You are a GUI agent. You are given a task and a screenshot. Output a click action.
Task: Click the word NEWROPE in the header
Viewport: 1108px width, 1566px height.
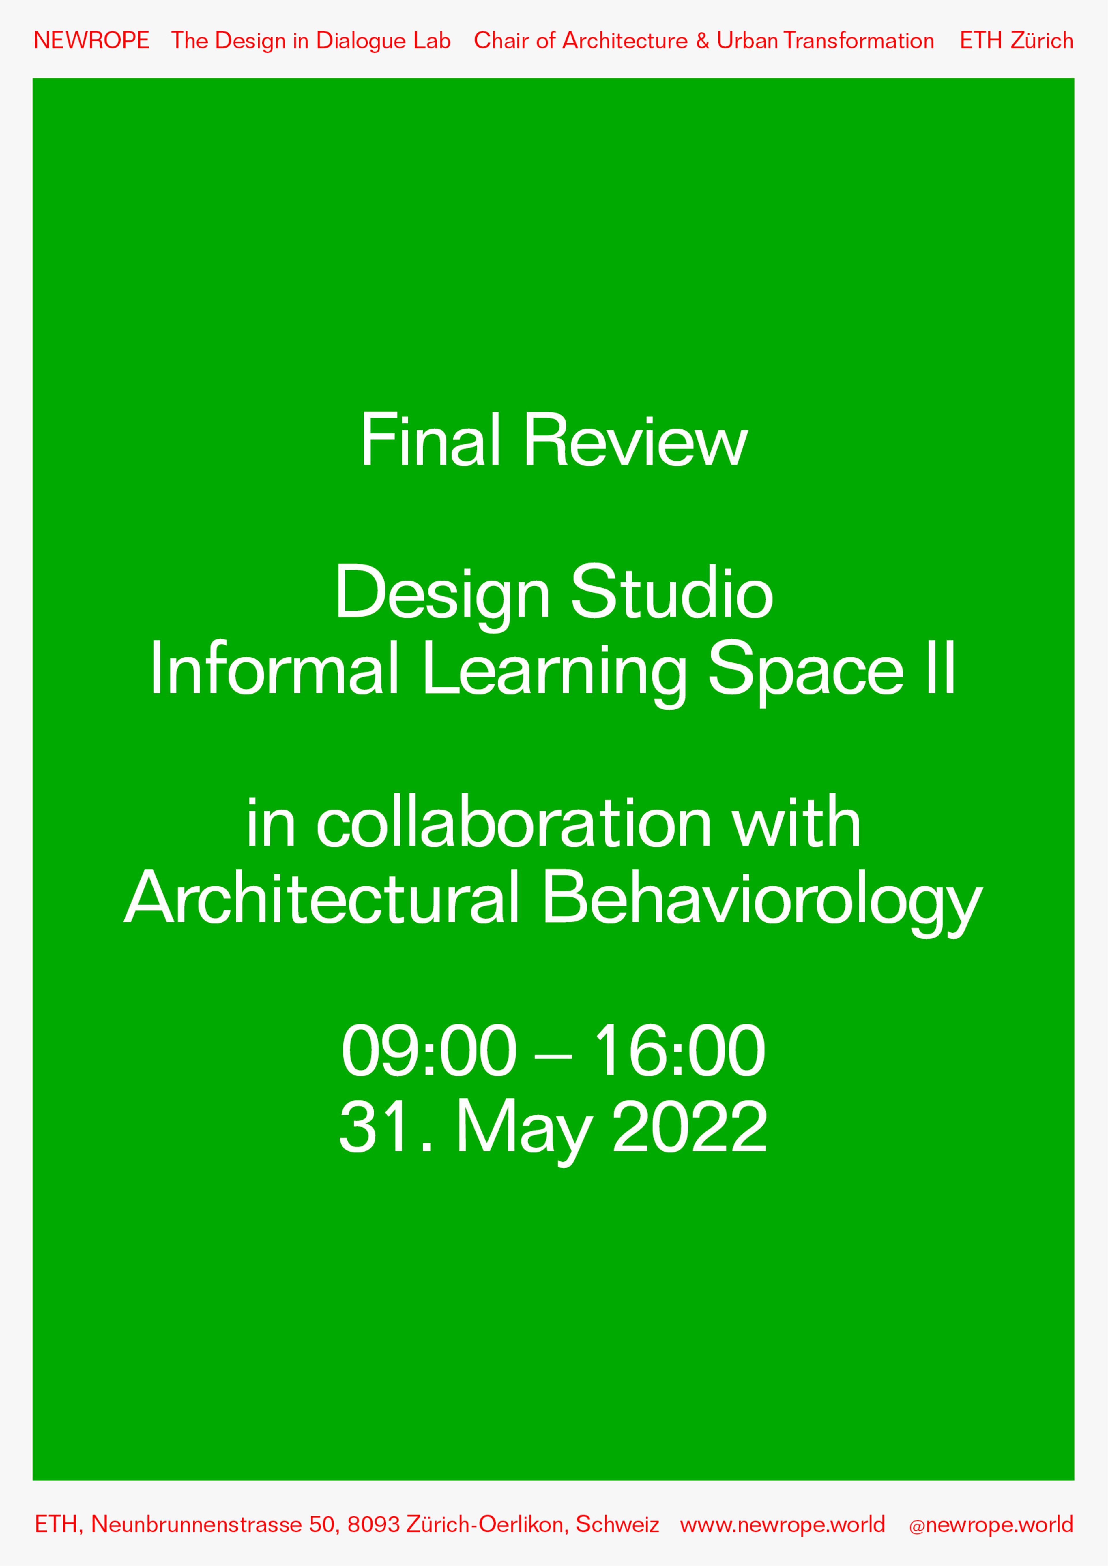click(91, 41)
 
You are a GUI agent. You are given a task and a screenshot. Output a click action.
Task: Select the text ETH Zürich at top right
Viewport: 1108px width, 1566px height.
click(1016, 41)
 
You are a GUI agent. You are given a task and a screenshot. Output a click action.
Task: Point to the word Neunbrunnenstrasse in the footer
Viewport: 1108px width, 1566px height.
click(196, 1524)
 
